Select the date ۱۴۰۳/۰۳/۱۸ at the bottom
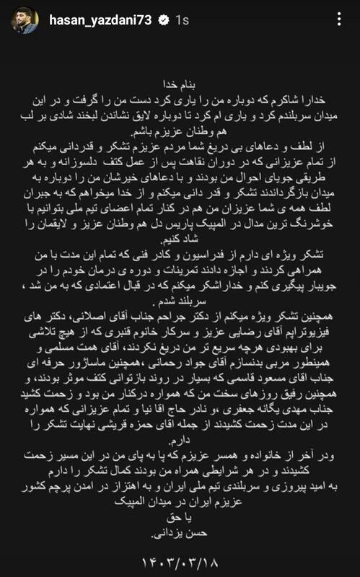[180, 558]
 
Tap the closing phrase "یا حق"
[180, 521]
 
